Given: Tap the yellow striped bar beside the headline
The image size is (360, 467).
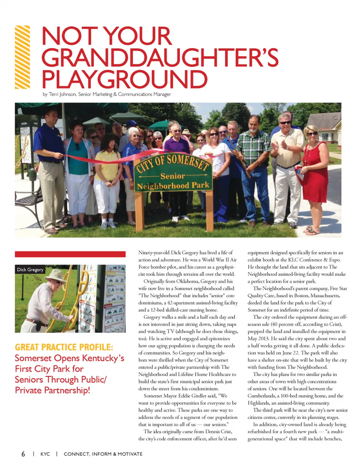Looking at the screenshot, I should [x=22, y=57].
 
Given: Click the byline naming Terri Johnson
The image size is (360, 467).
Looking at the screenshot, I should [x=107, y=94].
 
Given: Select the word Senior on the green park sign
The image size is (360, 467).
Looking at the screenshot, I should [x=172, y=176].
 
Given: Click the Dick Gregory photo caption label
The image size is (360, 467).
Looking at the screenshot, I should [x=30, y=269].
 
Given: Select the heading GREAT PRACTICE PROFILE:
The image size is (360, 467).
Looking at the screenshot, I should [x=64, y=347].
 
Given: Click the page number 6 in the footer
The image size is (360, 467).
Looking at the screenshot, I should [x=23, y=454].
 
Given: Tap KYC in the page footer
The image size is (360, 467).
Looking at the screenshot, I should [x=45, y=454].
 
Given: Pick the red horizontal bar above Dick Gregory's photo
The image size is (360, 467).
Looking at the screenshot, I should [x=70, y=254].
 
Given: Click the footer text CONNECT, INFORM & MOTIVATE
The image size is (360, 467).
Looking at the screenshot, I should [x=103, y=454].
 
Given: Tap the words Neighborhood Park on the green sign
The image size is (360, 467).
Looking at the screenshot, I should [x=173, y=186].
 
